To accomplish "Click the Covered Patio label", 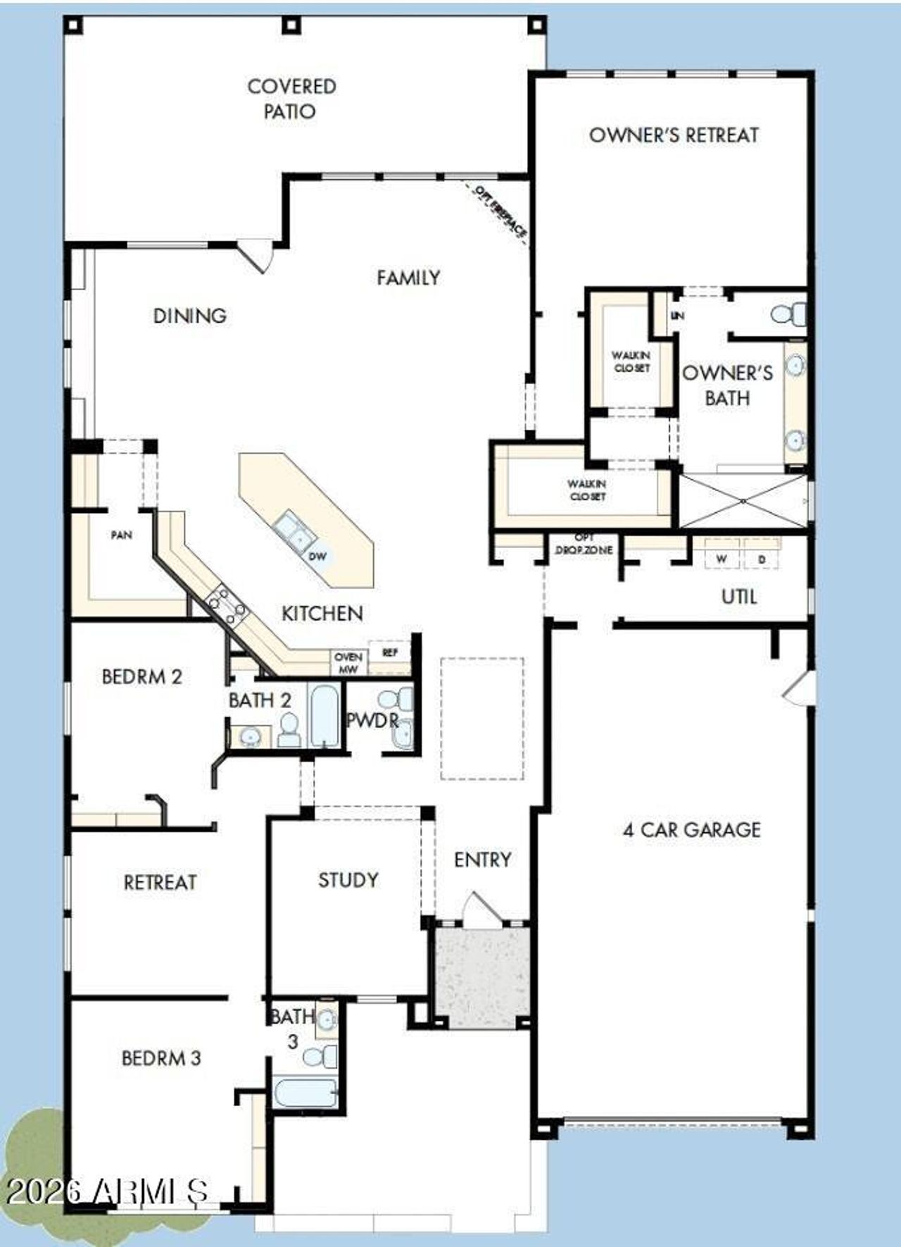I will tap(291, 99).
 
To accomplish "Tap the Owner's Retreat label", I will tap(674, 135).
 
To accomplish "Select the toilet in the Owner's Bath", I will tap(789, 314).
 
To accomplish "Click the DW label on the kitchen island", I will tap(318, 556).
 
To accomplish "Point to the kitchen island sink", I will tap(294, 531).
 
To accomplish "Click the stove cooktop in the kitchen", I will tap(226, 603).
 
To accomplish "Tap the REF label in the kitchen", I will tap(390, 653).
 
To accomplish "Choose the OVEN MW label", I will tap(348, 663).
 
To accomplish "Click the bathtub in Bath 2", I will tap(324, 714).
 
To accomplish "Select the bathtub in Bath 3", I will tap(304, 1093).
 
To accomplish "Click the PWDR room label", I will tap(372, 721).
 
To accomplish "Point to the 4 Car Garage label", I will tap(691, 830).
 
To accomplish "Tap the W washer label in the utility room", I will tap(722, 559).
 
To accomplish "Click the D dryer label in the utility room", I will tap(761, 559).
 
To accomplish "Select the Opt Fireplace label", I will tap(500, 212).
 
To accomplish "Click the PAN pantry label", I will tap(121, 535).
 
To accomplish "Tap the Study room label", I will tap(348, 880).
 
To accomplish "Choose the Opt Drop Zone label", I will tap(584, 545).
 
